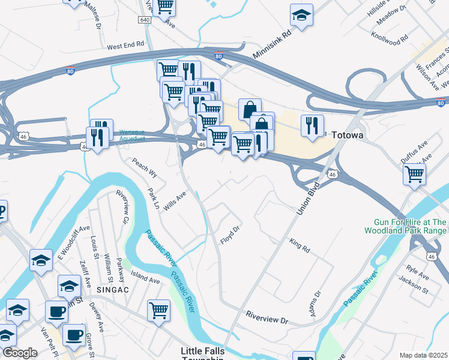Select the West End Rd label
click(x=126, y=45)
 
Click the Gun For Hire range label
click(x=405, y=226)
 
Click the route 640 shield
click(x=144, y=20)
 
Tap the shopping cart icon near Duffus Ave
click(x=415, y=175)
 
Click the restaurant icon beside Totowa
click(x=312, y=125)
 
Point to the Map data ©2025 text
click(x=423, y=355)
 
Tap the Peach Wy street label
click(x=144, y=168)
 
